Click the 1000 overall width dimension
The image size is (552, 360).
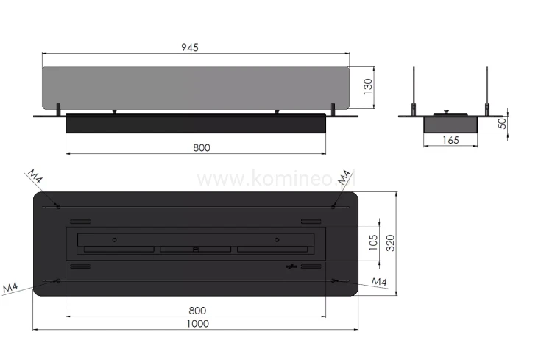click(x=197, y=323)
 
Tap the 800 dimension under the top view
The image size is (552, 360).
click(x=197, y=311)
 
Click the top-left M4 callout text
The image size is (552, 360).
click(x=35, y=177)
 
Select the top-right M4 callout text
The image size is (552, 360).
click(x=344, y=177)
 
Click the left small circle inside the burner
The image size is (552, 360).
click(x=113, y=239)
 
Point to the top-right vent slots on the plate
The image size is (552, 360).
click(x=310, y=222)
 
